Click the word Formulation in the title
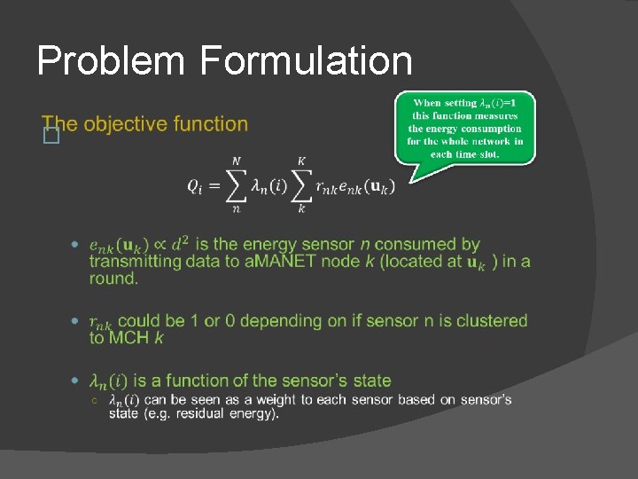point(307,61)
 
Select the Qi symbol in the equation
point(196,185)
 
